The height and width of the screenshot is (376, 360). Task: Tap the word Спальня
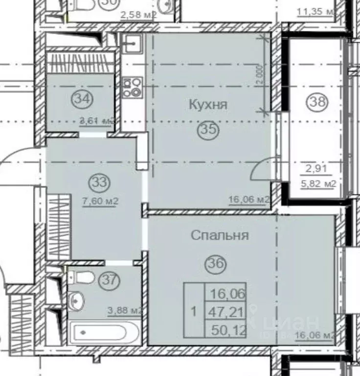[220, 235]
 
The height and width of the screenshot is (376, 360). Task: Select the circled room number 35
[208, 130]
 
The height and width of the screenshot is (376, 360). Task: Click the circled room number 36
[217, 263]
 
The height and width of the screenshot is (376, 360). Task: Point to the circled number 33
[100, 183]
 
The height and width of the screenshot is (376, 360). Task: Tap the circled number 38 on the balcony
[316, 102]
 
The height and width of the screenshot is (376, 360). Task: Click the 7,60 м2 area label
[101, 200]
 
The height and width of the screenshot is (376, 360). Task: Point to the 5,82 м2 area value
[320, 184]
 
